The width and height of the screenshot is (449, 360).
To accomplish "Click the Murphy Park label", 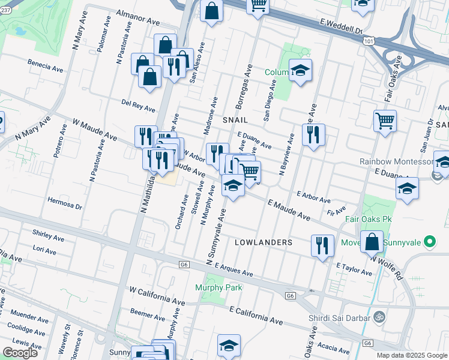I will click(218, 287).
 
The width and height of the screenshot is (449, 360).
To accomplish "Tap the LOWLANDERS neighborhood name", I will click(264, 242).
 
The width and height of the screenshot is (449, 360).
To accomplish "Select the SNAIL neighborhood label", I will click(235, 120).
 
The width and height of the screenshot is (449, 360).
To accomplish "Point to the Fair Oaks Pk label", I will click(369, 219).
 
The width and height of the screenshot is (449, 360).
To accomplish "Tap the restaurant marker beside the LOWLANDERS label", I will click(322, 245).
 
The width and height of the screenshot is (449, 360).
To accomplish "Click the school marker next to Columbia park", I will click(300, 71).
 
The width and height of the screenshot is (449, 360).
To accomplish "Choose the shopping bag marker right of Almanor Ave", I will click(211, 11).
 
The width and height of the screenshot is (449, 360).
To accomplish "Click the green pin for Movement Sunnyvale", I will click(429, 242).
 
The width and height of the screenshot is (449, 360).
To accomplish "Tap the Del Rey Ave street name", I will click(138, 106).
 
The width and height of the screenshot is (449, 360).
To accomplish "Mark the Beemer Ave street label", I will click(143, 313).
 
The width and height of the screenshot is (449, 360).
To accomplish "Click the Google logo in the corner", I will click(20, 353).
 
